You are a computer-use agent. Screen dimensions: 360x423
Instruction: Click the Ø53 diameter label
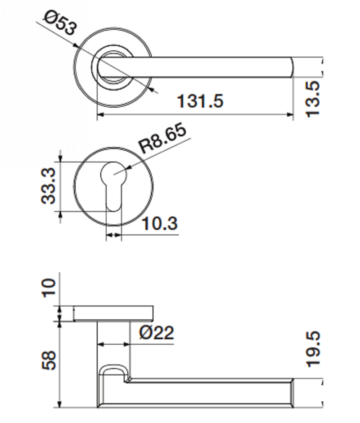[60, 23]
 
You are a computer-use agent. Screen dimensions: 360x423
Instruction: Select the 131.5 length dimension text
[200, 101]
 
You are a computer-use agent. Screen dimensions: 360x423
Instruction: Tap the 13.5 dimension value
[313, 99]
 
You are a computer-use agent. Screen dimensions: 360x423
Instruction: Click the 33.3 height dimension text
[49, 186]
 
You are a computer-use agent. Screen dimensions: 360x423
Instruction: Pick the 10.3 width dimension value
[160, 224]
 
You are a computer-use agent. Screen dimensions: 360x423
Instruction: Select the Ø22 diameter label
[157, 333]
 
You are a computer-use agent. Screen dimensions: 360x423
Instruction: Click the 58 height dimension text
[49, 360]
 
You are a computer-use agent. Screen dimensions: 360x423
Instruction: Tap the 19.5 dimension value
[313, 349]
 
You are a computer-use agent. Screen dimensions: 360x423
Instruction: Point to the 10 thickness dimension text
[49, 288]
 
